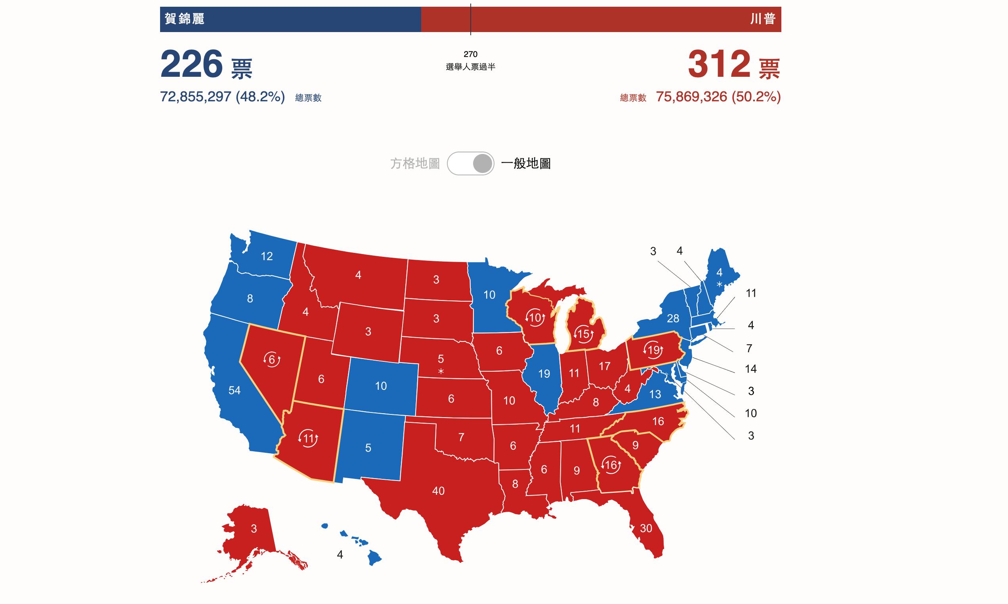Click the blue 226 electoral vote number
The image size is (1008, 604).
click(191, 64)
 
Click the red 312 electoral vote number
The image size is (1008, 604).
click(719, 64)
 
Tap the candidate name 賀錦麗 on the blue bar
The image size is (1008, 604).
click(185, 19)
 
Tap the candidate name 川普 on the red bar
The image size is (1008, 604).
click(763, 19)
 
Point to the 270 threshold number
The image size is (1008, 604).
click(471, 54)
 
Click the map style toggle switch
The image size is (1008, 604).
click(471, 163)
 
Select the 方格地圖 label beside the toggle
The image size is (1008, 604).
click(415, 163)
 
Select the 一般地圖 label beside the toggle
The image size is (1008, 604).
click(526, 163)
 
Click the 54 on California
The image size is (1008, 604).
click(234, 391)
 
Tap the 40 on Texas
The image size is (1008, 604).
click(438, 491)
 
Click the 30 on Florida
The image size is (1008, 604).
click(646, 528)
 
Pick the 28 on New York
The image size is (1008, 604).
click(673, 318)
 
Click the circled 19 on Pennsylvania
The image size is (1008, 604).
click(653, 350)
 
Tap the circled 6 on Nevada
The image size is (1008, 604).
click(272, 360)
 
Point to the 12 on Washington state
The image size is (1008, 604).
click(267, 256)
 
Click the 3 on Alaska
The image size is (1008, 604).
click(254, 529)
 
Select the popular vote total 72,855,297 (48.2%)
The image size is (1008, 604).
click(222, 97)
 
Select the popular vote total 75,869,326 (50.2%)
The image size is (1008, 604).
click(718, 97)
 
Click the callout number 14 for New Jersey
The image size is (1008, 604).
click(750, 369)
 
